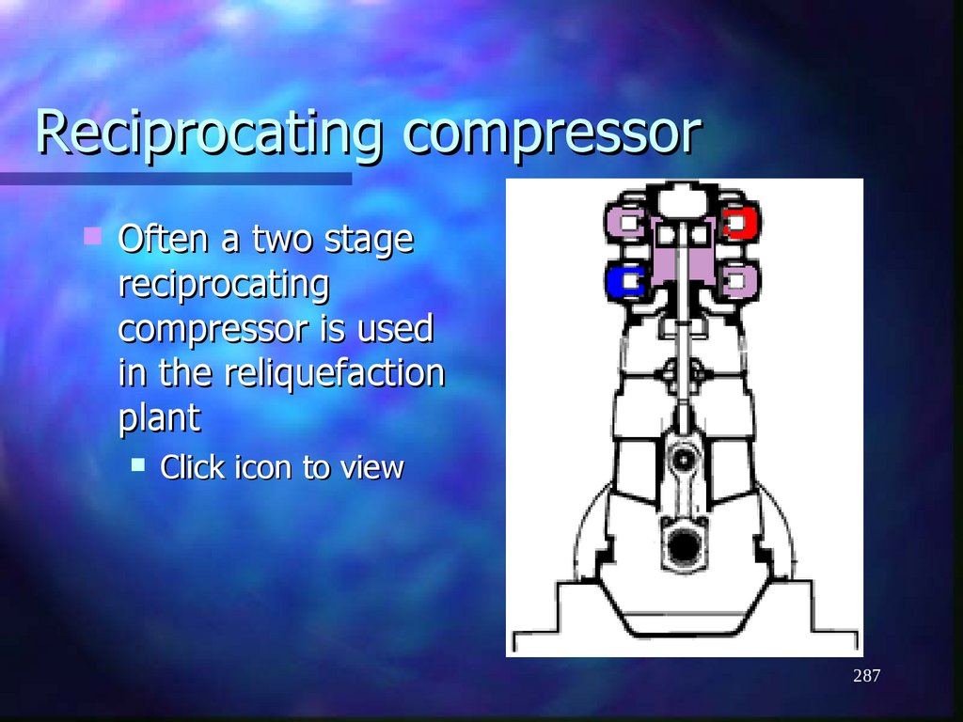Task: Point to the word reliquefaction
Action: [x=334, y=373]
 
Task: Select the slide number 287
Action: [x=866, y=676]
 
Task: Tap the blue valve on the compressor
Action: [x=624, y=280]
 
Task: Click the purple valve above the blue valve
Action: [x=624, y=223]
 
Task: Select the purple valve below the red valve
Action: [x=739, y=279]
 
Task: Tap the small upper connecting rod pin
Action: [x=684, y=458]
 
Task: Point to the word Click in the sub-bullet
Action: [x=193, y=467]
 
